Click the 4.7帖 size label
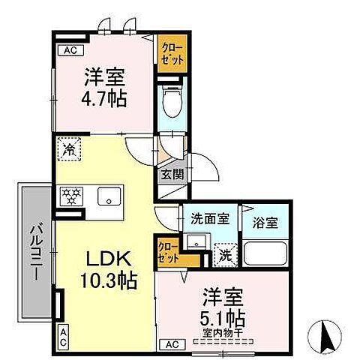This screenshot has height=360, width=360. point(104,98)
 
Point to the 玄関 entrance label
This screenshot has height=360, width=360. point(169,174)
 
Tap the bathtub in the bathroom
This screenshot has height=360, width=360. point(266,255)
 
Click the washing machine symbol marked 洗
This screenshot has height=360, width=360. point(224,254)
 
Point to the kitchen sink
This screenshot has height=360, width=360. point(111,197)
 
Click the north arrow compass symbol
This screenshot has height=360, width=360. point(326,335)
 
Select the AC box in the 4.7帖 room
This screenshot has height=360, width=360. point(70,50)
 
